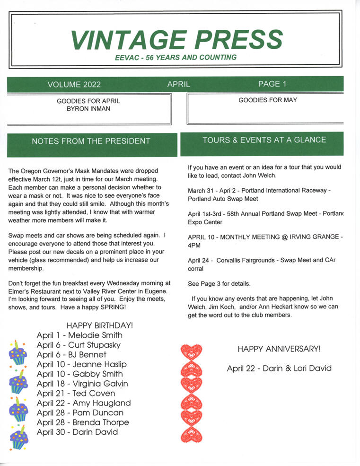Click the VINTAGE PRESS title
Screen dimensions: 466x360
[x=176, y=39]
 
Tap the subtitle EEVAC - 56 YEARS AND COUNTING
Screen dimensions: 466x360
[x=176, y=58]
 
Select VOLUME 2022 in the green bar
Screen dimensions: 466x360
[x=74, y=85]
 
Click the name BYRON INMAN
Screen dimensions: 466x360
[x=88, y=109]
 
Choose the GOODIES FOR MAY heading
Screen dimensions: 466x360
[x=268, y=100]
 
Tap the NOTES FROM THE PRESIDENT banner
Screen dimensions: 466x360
[x=91, y=141]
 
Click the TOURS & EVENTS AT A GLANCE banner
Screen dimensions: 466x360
[x=264, y=140]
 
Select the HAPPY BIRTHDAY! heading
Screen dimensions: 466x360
[x=100, y=325]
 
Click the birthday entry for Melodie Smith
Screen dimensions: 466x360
[x=79, y=335]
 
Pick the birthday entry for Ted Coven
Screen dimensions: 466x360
[x=76, y=393]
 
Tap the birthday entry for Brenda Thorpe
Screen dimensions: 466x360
[x=82, y=422]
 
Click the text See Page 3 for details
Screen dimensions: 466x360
[x=219, y=284]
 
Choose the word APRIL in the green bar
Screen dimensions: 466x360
[x=178, y=85]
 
